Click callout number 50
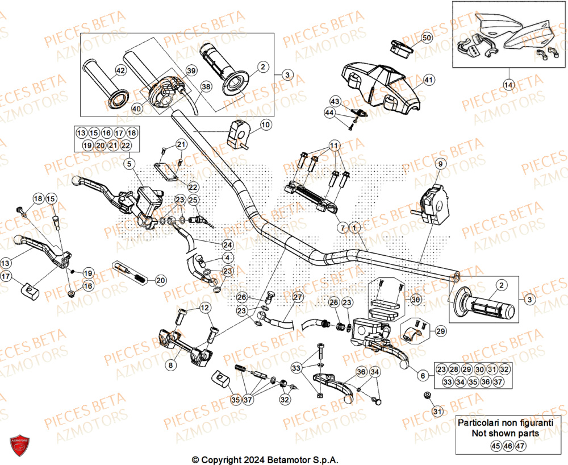point(427,38)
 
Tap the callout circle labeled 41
point(428,80)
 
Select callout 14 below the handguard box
point(508,85)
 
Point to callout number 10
point(265,124)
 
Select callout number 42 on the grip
point(120,70)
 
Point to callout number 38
point(206,87)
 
